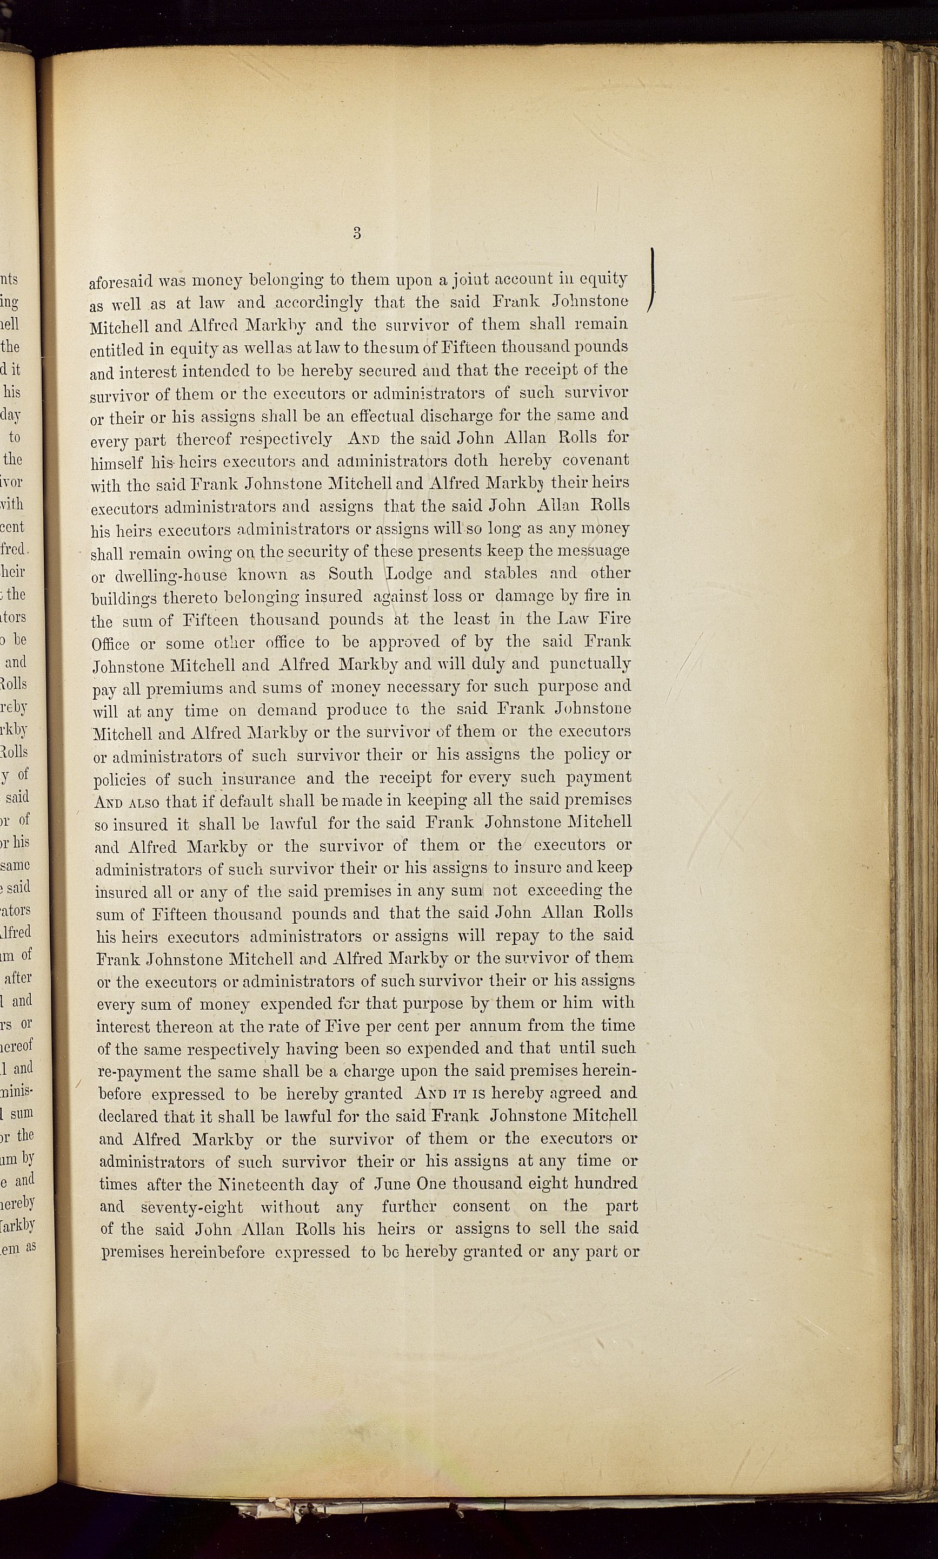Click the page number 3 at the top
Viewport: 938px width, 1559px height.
tap(357, 233)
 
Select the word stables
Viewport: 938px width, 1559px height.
tap(510, 573)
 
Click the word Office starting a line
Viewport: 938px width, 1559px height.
tap(111, 644)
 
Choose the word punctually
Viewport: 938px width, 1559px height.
tap(590, 664)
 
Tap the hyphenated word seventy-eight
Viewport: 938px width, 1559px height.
tap(191, 1207)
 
